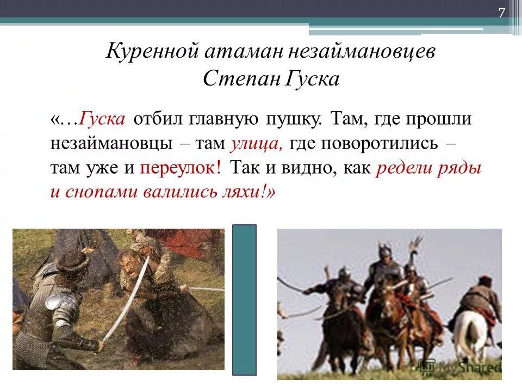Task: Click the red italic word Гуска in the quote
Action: [103, 119]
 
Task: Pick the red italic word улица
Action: [256, 144]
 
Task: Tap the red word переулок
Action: [181, 168]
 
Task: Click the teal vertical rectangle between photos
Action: [244, 299]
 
